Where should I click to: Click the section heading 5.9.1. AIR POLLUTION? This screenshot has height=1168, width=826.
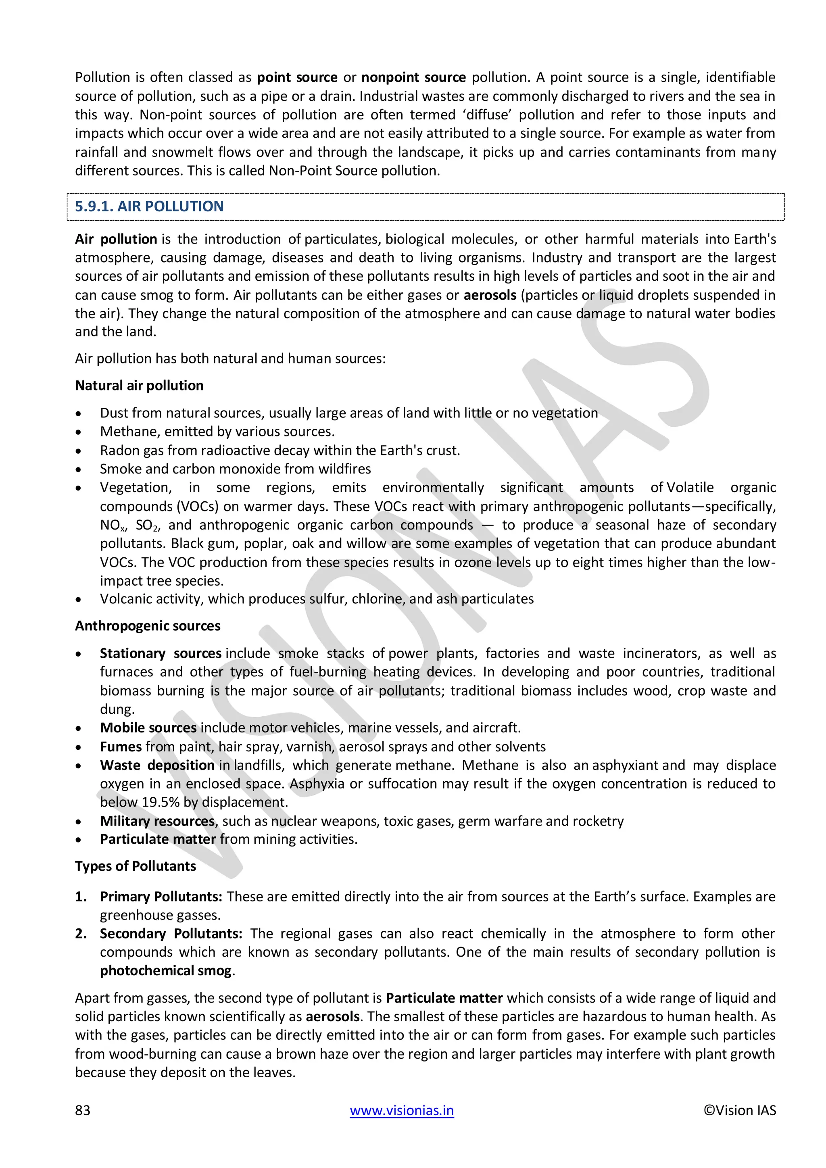(x=149, y=206)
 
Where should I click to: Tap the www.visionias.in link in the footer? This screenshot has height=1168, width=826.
(x=401, y=1110)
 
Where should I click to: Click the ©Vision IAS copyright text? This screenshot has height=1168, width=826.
(x=740, y=1110)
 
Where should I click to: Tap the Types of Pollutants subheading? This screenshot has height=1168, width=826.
(x=135, y=866)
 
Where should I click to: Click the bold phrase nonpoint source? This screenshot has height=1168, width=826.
(x=413, y=77)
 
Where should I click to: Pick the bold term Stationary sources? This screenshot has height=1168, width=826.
(x=160, y=653)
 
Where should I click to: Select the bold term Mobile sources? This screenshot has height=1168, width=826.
(x=148, y=728)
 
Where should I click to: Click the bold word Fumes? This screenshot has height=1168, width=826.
(x=121, y=747)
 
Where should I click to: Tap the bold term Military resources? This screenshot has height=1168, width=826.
(x=157, y=821)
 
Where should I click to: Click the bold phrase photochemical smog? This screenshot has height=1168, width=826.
(x=166, y=971)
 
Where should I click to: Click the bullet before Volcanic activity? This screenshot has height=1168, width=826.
(x=78, y=599)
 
